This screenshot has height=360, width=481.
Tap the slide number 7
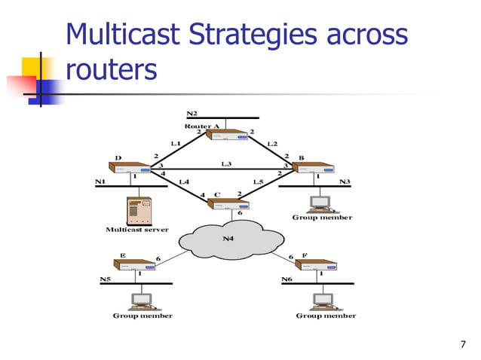(463, 345)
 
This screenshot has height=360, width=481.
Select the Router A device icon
(227, 136)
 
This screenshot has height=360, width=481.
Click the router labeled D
(130, 168)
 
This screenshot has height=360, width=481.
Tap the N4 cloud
(231, 239)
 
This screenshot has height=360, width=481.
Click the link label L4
(183, 182)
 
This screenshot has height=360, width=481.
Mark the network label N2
(191, 112)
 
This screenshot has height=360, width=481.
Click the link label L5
(258, 182)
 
